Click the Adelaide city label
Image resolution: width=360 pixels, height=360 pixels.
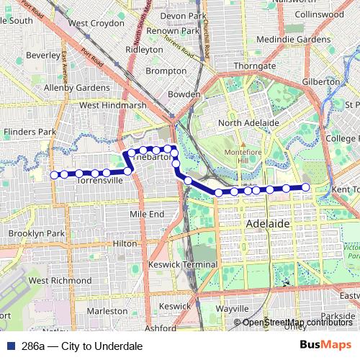pyautogui.click(x=267, y=224)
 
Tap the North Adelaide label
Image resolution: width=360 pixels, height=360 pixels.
pyautogui.click(x=248, y=123)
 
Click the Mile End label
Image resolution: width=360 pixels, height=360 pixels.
pyautogui.click(x=147, y=214)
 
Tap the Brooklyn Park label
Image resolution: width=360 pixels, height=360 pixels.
pyautogui.click(x=37, y=234)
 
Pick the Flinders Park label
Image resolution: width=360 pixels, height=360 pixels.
pyautogui.click(x=30, y=132)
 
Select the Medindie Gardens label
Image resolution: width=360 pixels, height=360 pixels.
pyautogui.click(x=294, y=39)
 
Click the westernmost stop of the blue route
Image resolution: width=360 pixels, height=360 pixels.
pyautogui.click(x=53, y=174)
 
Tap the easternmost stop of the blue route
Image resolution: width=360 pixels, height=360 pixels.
pyautogui.click(x=305, y=187)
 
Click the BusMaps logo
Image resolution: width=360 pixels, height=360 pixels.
pyautogui.click(x=325, y=346)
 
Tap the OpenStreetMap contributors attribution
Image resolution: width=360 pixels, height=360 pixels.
pyautogui.click(x=297, y=323)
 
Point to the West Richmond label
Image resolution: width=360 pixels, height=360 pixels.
pyautogui.click(x=60, y=280)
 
